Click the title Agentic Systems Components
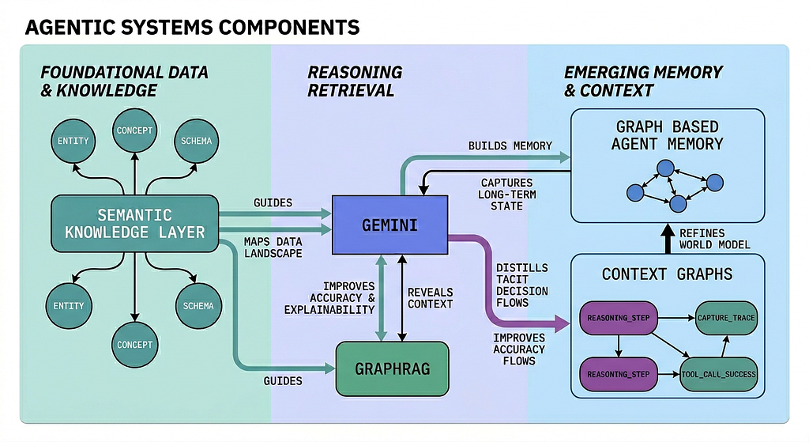coord(192,28)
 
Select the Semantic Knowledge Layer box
coord(134,224)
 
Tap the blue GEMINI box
coord(389,225)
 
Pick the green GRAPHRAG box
coord(392,368)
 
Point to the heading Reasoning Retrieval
coord(355,81)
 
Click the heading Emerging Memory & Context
coord(643,81)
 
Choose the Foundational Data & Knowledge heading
coord(124,81)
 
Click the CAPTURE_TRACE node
coord(726,318)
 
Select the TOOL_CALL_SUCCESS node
coord(718,374)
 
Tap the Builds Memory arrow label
coord(510,146)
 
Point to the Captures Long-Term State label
coord(506,195)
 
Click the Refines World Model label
coord(714,239)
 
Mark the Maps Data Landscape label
coord(273,247)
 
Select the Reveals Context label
coord(431,298)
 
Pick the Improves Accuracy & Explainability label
coord(329,298)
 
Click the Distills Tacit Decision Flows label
coord(521,285)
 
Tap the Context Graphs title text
coord(667,274)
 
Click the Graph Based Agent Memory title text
coord(667,135)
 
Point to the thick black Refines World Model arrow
coord(668,239)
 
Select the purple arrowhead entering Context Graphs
coord(563,323)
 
